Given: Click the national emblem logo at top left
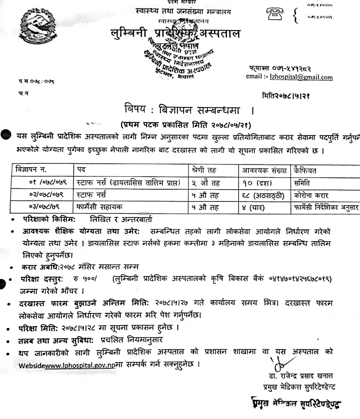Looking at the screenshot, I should [x=33, y=28].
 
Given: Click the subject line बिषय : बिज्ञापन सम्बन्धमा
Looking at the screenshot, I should [x=182, y=110].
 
